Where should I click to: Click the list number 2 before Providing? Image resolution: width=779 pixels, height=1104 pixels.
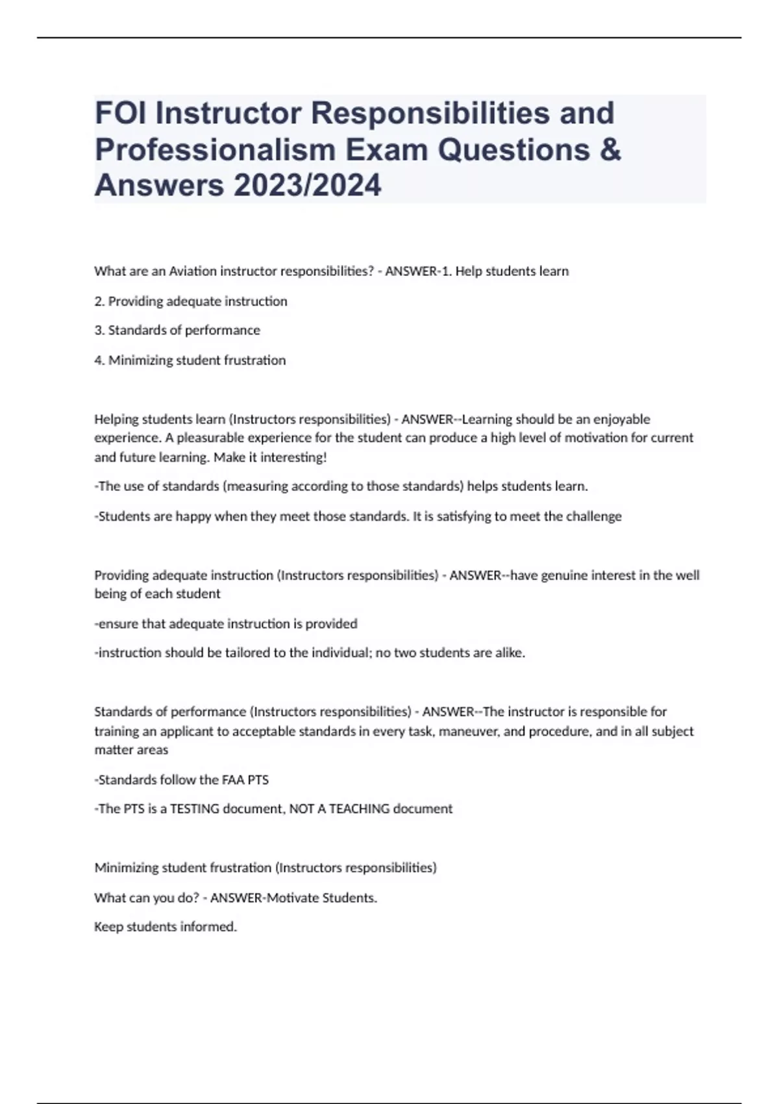[99, 301]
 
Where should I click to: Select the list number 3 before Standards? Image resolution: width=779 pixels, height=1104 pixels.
[99, 331]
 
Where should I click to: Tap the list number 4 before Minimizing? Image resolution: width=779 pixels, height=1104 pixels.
[99, 360]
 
